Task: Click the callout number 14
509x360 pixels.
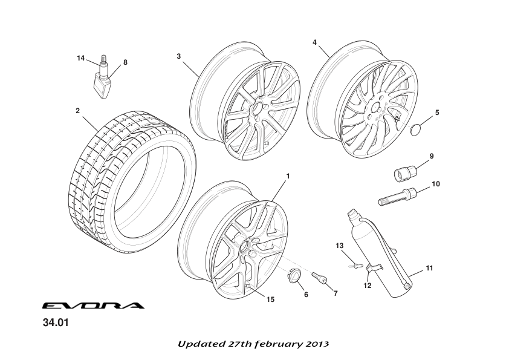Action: (81, 58)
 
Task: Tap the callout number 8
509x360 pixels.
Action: (125, 62)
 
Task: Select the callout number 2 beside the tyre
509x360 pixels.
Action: (77, 111)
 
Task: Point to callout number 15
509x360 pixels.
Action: (270, 299)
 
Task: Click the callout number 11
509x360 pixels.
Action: (430, 267)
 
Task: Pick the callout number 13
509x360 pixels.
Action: (340, 245)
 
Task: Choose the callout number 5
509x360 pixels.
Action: (437, 112)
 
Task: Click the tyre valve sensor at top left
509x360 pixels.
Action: (103, 82)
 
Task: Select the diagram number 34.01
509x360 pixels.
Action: (56, 322)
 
